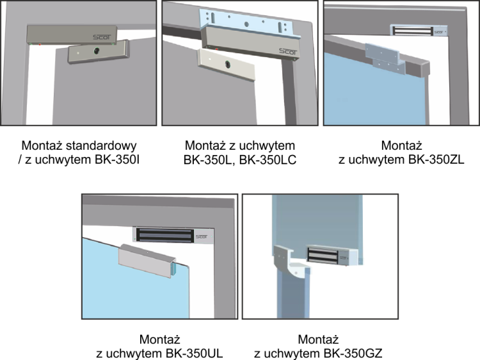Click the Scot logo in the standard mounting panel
tap(102, 37)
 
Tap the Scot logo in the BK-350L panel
tap(288, 51)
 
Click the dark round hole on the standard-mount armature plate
tap(97, 51)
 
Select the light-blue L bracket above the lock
tap(250, 25)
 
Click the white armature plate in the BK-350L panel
tap(226, 64)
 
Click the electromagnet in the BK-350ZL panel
tap(419, 31)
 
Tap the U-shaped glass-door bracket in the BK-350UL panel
tap(147, 261)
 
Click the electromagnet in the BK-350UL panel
tap(173, 235)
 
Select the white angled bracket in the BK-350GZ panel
tap(291, 262)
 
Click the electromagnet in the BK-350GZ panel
tap(332, 255)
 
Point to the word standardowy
tap(101, 146)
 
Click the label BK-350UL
tap(194, 353)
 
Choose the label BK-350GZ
tap(353, 353)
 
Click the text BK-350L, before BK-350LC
tap(210, 160)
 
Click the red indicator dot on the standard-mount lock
tap(40, 45)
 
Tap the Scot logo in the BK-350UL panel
tap(202, 236)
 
